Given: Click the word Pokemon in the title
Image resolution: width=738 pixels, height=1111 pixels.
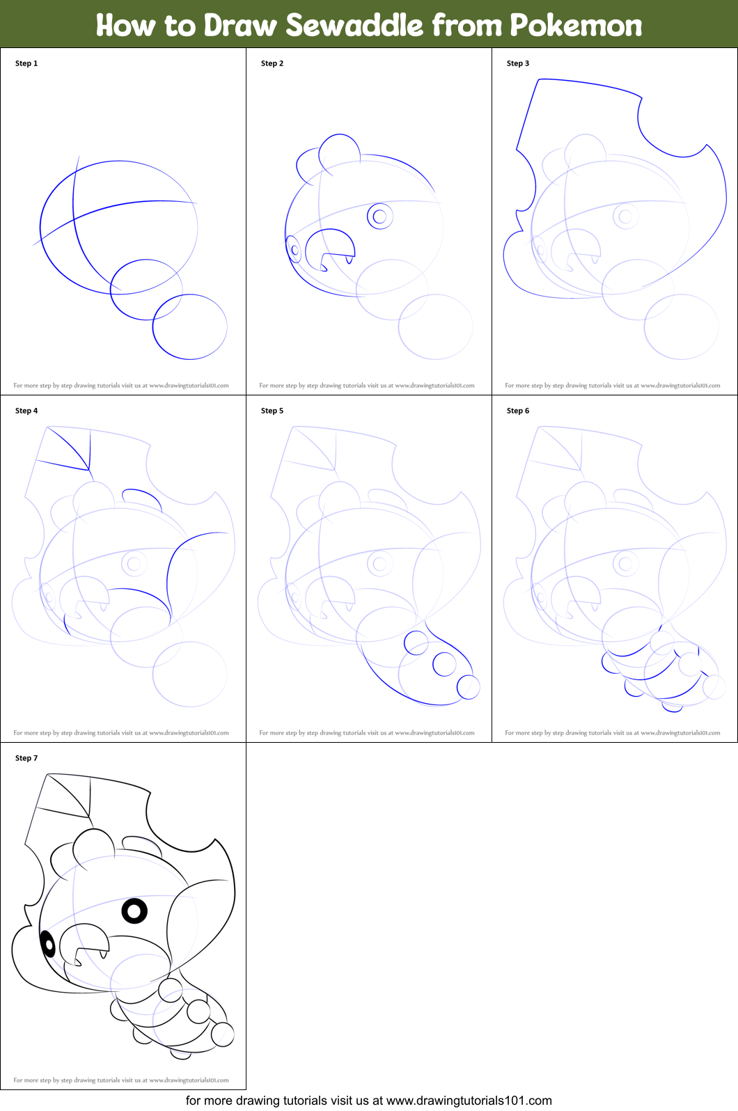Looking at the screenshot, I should (576, 25).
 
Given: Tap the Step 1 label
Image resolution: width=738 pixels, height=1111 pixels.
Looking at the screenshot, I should (26, 63).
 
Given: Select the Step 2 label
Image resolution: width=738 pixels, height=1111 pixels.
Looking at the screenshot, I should (272, 63).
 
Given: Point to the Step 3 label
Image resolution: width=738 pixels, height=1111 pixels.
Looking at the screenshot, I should (518, 63).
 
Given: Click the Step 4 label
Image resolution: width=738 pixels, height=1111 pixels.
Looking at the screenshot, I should (26, 411).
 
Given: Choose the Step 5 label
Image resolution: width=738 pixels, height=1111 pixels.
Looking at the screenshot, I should (272, 411).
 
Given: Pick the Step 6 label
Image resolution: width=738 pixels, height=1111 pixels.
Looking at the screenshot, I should (518, 411).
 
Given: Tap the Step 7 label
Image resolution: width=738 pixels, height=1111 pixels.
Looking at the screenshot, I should (26, 758).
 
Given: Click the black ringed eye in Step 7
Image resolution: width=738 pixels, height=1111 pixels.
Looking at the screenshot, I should (134, 911).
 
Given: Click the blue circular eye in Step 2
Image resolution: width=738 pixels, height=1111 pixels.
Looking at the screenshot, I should (379, 216).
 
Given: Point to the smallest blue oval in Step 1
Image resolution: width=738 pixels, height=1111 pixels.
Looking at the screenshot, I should (145, 290).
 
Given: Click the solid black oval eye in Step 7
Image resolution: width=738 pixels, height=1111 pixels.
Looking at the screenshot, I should (48, 944).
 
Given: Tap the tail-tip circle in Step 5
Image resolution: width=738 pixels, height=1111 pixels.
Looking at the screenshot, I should (468, 687).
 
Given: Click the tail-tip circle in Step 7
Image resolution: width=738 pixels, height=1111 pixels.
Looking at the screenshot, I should (223, 1034).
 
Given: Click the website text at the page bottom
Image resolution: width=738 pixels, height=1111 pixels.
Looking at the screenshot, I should (368, 1101).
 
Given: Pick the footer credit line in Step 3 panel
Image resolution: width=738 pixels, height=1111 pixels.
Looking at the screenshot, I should (613, 385).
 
